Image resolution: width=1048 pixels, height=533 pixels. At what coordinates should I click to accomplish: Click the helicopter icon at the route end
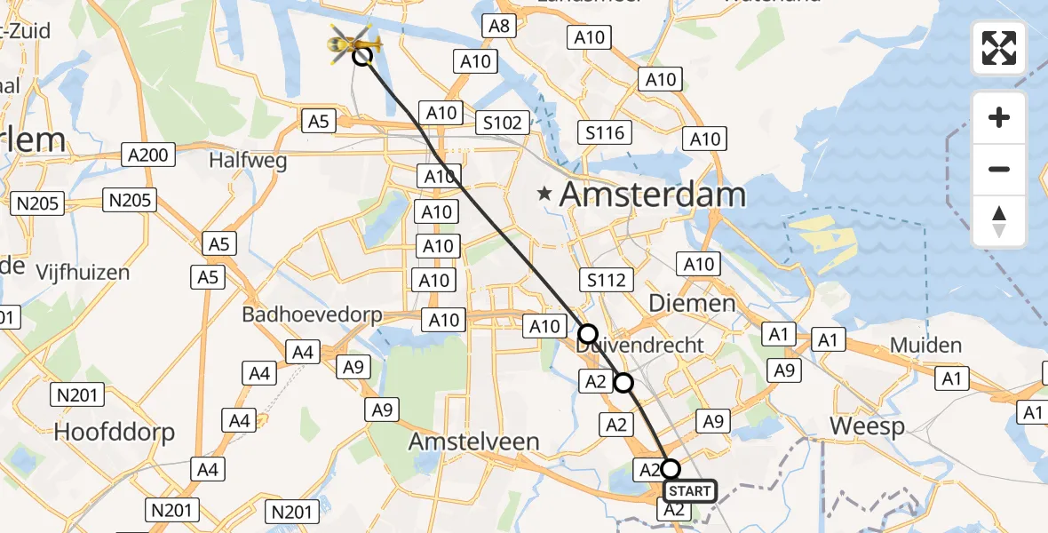pos(354,43)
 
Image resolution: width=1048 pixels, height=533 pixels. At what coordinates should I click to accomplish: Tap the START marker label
pos(689,491)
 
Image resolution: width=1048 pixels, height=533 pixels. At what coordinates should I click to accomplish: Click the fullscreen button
pos(999,48)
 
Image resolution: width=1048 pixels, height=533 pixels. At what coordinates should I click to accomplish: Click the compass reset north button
pos(999,221)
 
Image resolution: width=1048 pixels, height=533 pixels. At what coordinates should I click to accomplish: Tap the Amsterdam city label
pos(653,194)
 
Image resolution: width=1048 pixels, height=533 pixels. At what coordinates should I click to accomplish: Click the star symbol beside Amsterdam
pos(545,192)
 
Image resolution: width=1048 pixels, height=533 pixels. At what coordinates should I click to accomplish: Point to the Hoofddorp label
pos(115,433)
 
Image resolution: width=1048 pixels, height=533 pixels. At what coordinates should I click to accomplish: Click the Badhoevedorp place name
pos(312,315)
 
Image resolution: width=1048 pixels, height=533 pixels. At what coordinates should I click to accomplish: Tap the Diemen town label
pos(692,303)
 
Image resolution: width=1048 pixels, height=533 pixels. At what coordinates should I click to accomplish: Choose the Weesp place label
pos(867,426)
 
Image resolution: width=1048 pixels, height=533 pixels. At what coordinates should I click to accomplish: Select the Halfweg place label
pos(235,161)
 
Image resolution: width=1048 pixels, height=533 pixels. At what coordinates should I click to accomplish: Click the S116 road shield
pos(606,133)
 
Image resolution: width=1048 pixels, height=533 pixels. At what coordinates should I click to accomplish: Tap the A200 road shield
pos(147,155)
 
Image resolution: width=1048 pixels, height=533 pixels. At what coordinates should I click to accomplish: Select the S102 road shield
pos(502,122)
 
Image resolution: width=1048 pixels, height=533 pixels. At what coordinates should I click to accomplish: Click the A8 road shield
pos(499,26)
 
